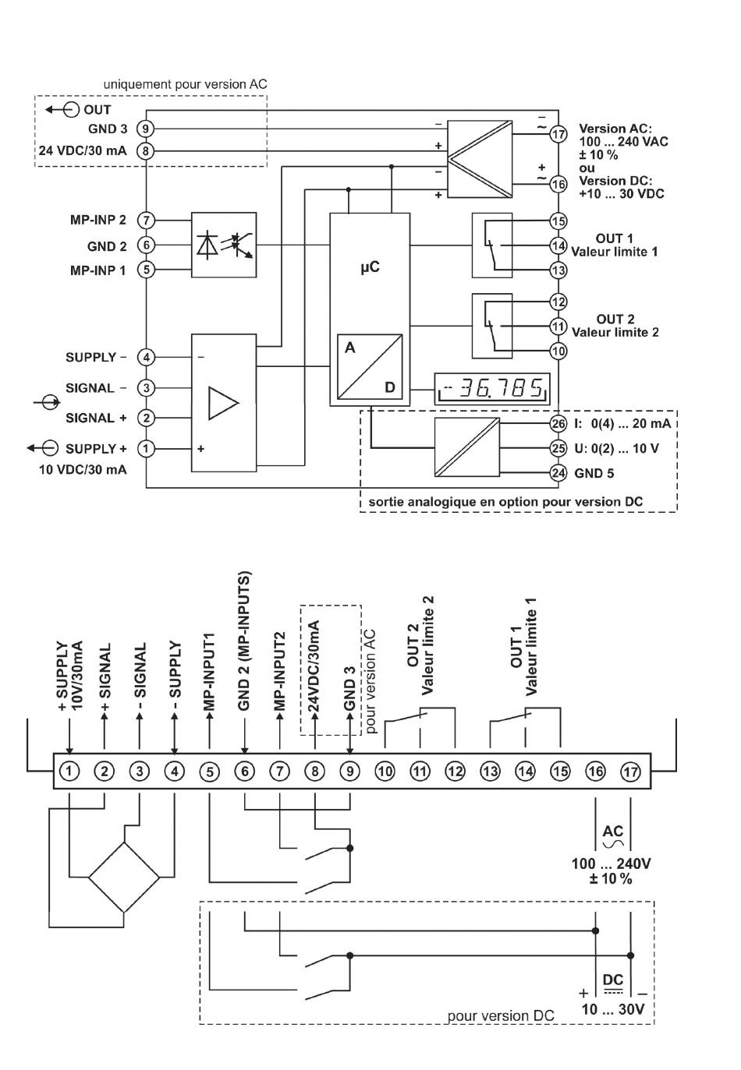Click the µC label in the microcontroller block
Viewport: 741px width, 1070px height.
[x=370, y=267]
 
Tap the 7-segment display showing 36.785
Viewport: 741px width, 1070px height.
[x=492, y=388]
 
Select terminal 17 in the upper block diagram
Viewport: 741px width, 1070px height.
[x=558, y=134]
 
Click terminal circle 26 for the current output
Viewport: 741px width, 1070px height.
[x=558, y=423]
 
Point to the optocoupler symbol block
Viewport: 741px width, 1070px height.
[x=224, y=245]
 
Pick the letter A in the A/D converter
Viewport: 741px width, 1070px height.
[x=350, y=348]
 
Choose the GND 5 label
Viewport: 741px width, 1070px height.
[x=594, y=473]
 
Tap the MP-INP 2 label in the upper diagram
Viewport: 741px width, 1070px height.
[x=98, y=220]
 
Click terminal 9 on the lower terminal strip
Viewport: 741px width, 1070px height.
[x=350, y=771]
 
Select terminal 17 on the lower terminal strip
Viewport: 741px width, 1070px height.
[x=630, y=772]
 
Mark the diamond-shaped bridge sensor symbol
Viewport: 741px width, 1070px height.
[x=124, y=878]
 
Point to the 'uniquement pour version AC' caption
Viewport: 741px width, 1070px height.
[x=185, y=84]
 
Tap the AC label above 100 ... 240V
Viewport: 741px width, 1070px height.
[x=613, y=832]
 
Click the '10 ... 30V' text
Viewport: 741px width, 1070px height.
[x=613, y=1009]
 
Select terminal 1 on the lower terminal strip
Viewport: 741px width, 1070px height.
[x=69, y=771]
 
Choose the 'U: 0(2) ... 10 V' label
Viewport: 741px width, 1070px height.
[x=616, y=449]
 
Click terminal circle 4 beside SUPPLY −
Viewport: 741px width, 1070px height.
[x=146, y=357]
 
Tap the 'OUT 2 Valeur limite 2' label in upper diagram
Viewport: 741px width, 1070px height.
[x=615, y=325]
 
